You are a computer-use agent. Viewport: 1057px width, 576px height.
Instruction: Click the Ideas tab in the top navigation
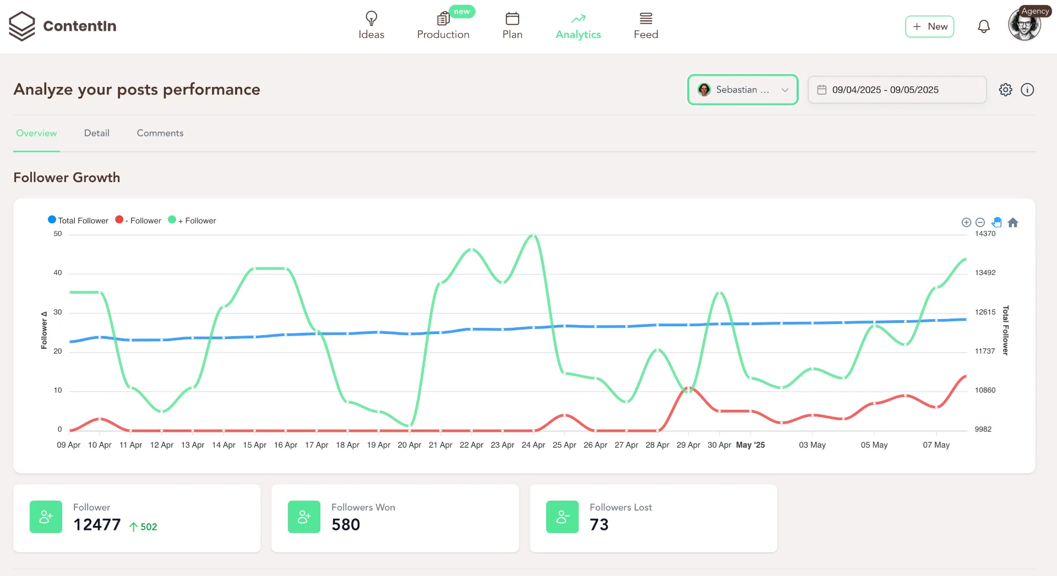(x=371, y=26)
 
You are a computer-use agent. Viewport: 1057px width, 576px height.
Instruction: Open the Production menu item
(x=443, y=26)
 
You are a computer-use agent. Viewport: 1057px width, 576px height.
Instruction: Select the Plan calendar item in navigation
(x=512, y=26)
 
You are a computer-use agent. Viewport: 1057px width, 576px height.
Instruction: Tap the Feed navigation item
(x=646, y=26)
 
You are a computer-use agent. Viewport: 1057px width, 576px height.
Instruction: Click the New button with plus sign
(x=929, y=26)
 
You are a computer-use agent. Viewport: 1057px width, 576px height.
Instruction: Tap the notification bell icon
(x=983, y=26)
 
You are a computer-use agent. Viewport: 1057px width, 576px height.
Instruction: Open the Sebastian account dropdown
(x=743, y=90)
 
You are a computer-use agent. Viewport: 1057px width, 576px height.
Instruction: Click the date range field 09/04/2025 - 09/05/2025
(x=897, y=90)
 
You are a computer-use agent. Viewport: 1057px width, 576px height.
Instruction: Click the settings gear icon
(x=1005, y=90)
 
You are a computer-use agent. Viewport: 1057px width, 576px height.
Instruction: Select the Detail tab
(x=96, y=133)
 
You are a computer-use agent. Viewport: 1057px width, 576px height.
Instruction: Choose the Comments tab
(x=160, y=133)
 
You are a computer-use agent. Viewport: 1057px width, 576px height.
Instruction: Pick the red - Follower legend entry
(x=139, y=221)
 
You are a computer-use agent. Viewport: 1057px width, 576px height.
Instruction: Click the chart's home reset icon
(x=1012, y=222)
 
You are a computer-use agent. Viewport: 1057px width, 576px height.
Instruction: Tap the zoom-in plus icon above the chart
(x=966, y=222)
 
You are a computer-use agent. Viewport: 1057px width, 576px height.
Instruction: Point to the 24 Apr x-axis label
(x=533, y=445)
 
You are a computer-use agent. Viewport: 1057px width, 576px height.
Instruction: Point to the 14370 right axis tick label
(x=985, y=234)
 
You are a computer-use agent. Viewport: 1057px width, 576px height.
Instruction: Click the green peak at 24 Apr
(x=533, y=235)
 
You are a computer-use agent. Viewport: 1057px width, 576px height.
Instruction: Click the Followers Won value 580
(x=346, y=525)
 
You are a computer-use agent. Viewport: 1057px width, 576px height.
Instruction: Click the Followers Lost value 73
(x=599, y=525)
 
